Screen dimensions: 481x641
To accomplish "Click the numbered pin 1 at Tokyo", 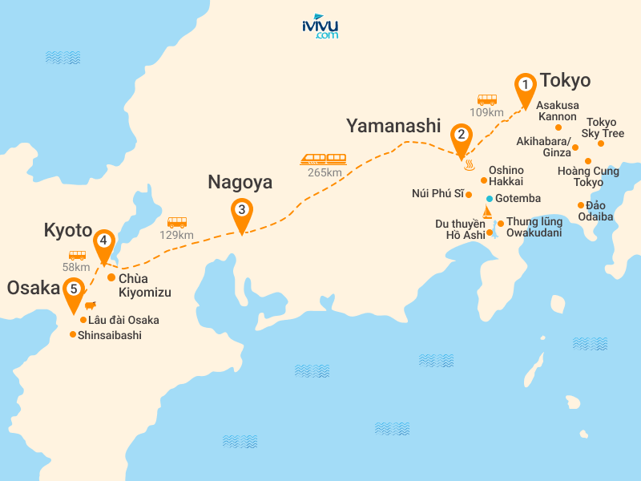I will (x=525, y=85).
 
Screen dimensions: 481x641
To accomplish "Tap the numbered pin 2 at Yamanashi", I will (x=461, y=136).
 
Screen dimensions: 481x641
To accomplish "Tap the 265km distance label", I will (x=324, y=173).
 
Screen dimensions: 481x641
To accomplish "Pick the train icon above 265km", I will (x=324, y=159).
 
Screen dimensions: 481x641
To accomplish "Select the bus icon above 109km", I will (x=487, y=100).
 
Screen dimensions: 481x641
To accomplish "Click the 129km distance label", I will (x=177, y=235).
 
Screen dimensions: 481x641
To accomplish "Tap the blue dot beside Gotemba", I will (x=489, y=198).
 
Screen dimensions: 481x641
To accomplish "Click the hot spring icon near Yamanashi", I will (x=470, y=166).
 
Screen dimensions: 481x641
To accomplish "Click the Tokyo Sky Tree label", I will (x=601, y=127).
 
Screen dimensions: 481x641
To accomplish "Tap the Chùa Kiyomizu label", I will (x=144, y=285).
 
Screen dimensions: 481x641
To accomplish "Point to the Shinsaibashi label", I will (x=110, y=335).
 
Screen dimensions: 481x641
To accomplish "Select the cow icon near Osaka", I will (x=89, y=305).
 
